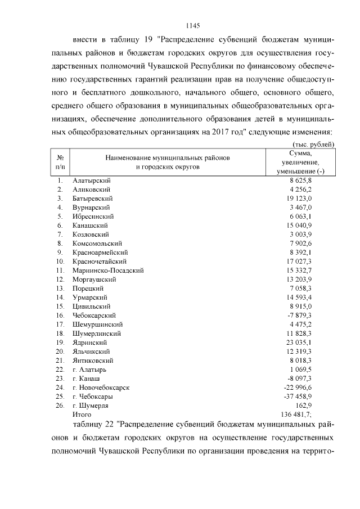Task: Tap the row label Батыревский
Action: point(93,198)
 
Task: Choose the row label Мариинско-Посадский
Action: point(108,270)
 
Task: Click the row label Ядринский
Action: point(89,342)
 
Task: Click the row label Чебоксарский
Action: point(94,315)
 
